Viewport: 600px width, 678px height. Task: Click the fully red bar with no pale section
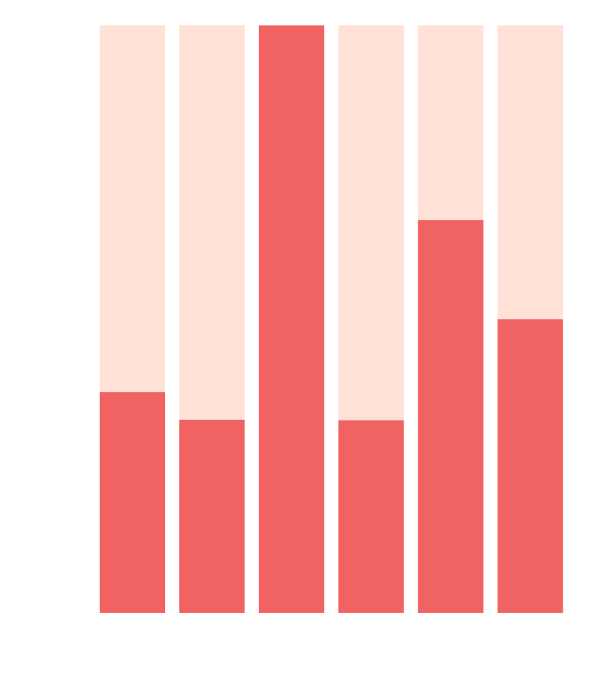[291, 319]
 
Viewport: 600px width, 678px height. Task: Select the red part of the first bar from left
[132, 502]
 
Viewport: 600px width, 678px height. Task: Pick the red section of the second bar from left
[212, 516]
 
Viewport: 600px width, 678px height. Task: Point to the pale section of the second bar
[212, 222]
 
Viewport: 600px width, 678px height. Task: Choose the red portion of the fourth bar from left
[371, 516]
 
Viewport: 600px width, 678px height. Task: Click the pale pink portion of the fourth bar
[371, 222]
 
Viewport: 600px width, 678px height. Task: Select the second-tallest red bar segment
[450, 417]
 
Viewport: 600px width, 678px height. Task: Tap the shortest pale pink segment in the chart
[450, 122]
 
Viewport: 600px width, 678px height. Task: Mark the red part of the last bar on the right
[530, 466]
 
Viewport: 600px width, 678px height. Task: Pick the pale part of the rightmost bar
[530, 172]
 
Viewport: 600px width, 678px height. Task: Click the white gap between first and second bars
[172, 319]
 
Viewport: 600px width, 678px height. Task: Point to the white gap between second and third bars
[252, 319]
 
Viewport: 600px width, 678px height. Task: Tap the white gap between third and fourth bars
[331, 319]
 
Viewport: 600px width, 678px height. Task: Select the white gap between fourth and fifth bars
[411, 319]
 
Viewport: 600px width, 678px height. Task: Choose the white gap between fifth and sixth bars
[490, 319]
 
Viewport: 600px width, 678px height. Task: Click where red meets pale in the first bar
[132, 392]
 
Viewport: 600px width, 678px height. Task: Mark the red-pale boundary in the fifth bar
[450, 220]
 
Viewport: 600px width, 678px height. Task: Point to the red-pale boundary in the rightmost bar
[530, 319]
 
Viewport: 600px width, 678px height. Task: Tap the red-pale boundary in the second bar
[212, 420]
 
